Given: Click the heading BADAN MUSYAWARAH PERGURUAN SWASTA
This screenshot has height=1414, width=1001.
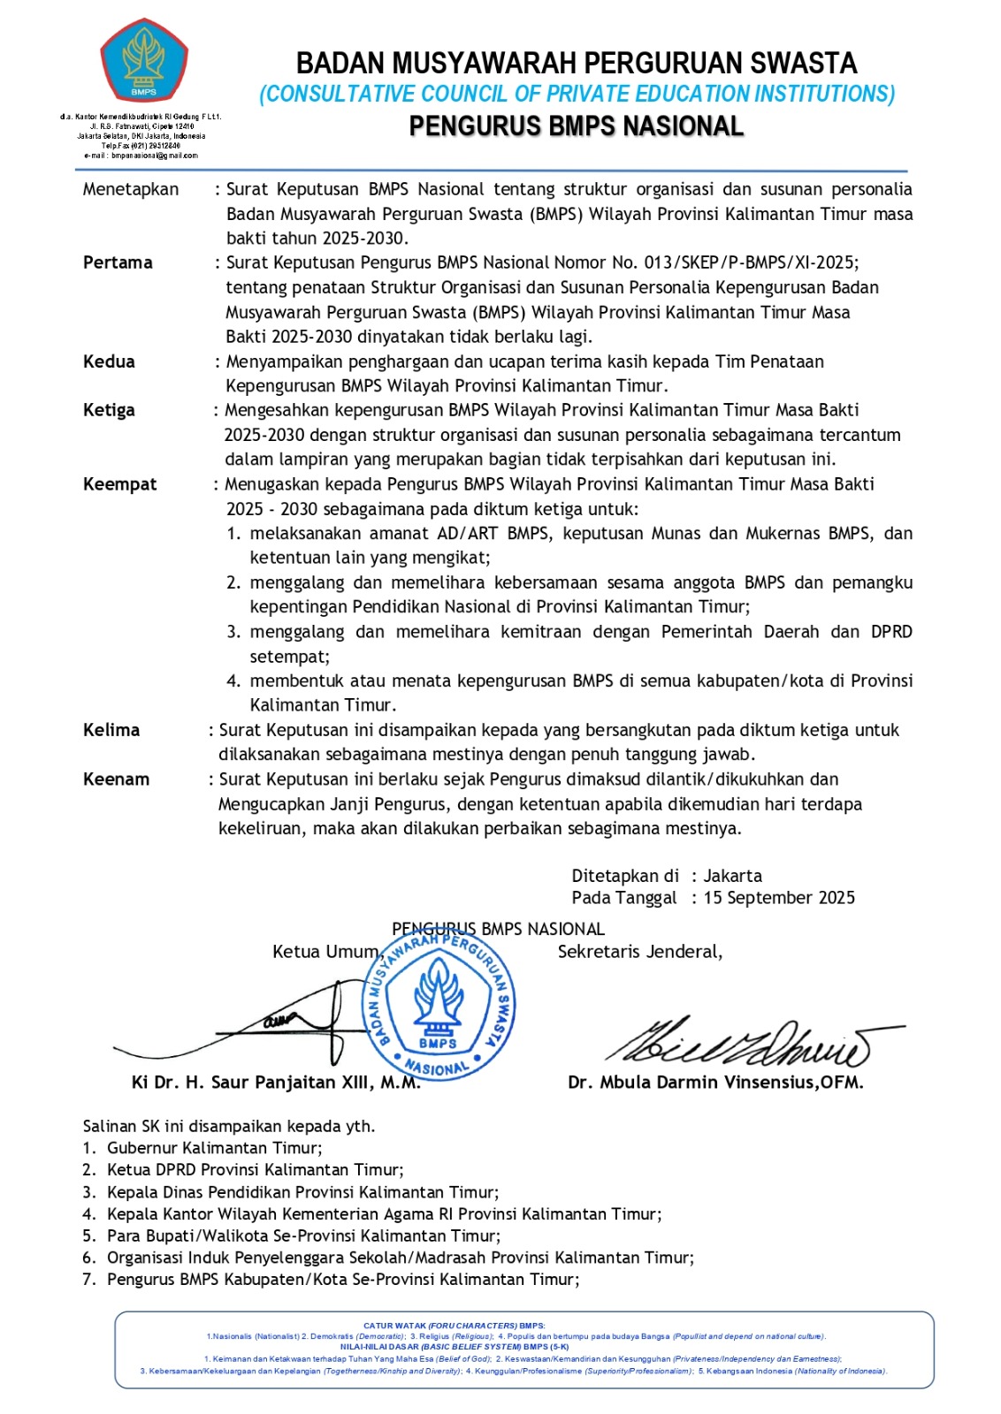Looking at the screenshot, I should tap(577, 64).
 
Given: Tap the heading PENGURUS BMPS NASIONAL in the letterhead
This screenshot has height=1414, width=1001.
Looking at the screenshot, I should tap(577, 126).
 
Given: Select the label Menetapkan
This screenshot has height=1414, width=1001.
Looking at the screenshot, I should tap(131, 189).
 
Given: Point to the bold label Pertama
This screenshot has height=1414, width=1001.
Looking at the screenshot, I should tap(118, 262).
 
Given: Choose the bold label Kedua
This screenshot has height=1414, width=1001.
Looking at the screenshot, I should tap(109, 361).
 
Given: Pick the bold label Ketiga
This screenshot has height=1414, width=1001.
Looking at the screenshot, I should tap(109, 410).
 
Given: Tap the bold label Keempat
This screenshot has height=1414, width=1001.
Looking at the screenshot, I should tap(119, 484).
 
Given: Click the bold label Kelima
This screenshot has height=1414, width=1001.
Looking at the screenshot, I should tap(111, 730).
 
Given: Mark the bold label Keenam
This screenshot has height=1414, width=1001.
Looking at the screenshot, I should tap(116, 779).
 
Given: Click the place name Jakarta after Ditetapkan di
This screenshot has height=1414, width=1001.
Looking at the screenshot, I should tap(732, 876).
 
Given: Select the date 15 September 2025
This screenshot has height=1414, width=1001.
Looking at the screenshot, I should tap(779, 898).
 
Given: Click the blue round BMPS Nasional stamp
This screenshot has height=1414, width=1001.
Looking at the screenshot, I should tap(439, 1006).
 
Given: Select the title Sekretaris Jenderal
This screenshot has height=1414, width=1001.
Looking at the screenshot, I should tap(639, 952).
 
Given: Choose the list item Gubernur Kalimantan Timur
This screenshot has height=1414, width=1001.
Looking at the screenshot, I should tap(214, 1148).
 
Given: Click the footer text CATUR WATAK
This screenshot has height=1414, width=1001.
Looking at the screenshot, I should tap(394, 1326).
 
